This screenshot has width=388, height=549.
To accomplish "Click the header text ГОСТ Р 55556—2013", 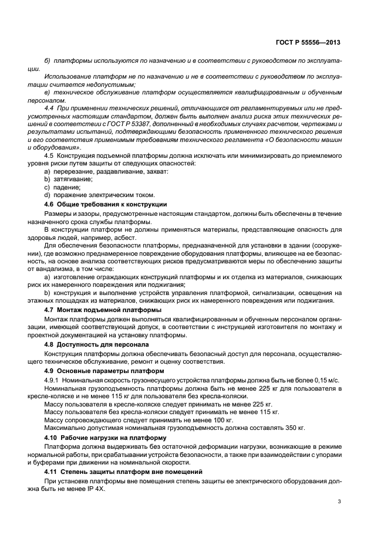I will (308, 42).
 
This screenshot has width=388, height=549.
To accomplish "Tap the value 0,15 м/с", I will (326, 380).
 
